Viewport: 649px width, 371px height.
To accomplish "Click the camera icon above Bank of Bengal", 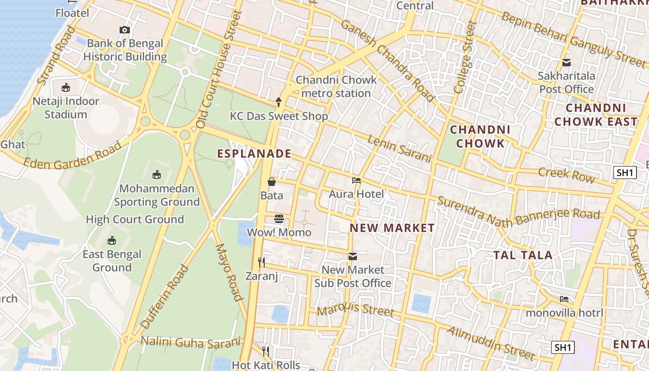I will (124, 30).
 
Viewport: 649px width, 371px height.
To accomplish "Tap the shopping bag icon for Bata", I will (272, 182).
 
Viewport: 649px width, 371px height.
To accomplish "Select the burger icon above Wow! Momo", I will (279, 218).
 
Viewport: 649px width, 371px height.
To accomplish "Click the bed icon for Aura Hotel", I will (356, 180).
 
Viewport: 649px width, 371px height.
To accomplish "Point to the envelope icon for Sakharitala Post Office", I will (566, 63).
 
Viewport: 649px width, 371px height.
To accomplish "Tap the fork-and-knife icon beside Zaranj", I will (261, 262).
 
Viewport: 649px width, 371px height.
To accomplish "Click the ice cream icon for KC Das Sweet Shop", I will (279, 102).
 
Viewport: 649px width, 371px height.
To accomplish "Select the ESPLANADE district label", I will (255, 154).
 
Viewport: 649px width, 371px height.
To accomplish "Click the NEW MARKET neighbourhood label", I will (392, 228).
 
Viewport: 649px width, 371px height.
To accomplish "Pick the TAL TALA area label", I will (522, 255).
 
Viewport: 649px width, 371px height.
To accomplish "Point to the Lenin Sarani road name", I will (399, 148).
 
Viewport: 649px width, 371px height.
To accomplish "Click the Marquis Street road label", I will (356, 309).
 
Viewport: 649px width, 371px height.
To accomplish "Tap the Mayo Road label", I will (229, 272).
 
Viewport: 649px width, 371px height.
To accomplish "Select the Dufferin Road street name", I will (165, 297).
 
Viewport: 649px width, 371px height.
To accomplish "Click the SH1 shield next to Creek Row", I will (624, 173).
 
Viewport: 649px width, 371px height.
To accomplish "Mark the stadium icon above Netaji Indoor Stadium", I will (66, 87).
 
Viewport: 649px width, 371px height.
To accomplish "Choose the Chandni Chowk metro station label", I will (336, 86).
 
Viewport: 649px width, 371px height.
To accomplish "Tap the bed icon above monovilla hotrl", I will (564, 299).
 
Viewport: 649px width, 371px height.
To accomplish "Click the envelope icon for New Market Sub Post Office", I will (353, 256).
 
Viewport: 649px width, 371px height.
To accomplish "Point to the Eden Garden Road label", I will (72, 156).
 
